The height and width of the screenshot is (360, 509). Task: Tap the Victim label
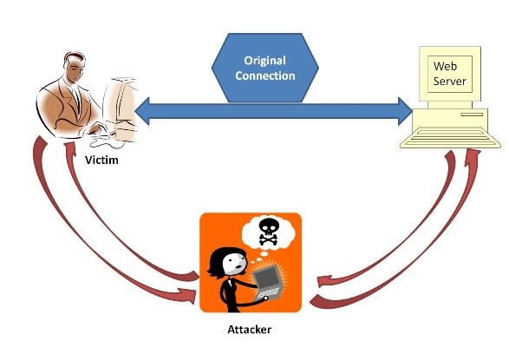pos(102,160)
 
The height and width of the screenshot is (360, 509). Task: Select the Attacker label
pos(250,331)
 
